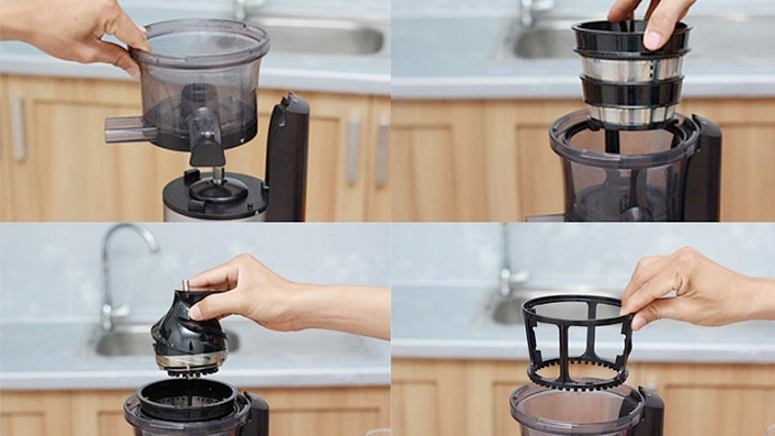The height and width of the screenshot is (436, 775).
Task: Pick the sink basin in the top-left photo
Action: click(316, 36)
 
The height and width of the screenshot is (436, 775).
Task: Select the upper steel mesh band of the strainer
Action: click(631, 68)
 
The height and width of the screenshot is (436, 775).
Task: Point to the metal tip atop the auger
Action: click(185, 285)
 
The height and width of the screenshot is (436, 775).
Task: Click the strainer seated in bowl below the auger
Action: click(188, 397)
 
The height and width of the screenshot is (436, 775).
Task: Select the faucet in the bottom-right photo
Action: click(506, 268)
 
